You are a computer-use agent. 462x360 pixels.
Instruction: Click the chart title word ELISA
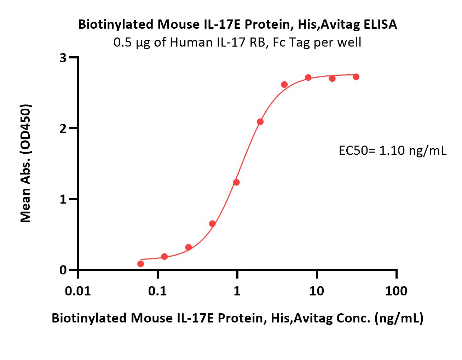[x=380, y=24]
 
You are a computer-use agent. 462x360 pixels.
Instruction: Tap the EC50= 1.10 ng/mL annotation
[x=392, y=151]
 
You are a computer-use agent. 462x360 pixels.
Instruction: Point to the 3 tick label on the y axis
[x=63, y=57]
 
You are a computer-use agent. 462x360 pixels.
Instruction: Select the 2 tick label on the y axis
[x=63, y=128]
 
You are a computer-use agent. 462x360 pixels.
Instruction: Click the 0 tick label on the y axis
[x=63, y=270]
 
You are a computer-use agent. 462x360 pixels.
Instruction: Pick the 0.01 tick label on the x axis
[x=78, y=291]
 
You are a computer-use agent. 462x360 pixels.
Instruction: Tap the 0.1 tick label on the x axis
[x=157, y=291]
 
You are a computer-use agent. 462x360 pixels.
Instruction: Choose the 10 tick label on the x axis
[x=317, y=291]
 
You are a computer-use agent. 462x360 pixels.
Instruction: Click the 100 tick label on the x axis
[x=396, y=291]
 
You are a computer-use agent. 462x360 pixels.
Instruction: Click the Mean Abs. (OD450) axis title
[x=26, y=163]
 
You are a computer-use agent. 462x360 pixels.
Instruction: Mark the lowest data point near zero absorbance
[x=140, y=264]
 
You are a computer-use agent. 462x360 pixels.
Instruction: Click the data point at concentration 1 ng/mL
[x=236, y=182]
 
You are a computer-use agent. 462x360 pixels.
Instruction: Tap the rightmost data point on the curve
[x=356, y=77]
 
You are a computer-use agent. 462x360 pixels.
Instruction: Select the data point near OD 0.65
[x=212, y=224]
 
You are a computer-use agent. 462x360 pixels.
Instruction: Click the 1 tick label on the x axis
[x=237, y=291]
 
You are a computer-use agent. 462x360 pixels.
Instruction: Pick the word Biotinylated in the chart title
[x=116, y=25]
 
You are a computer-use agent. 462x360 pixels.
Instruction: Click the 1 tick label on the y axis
[x=63, y=199]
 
